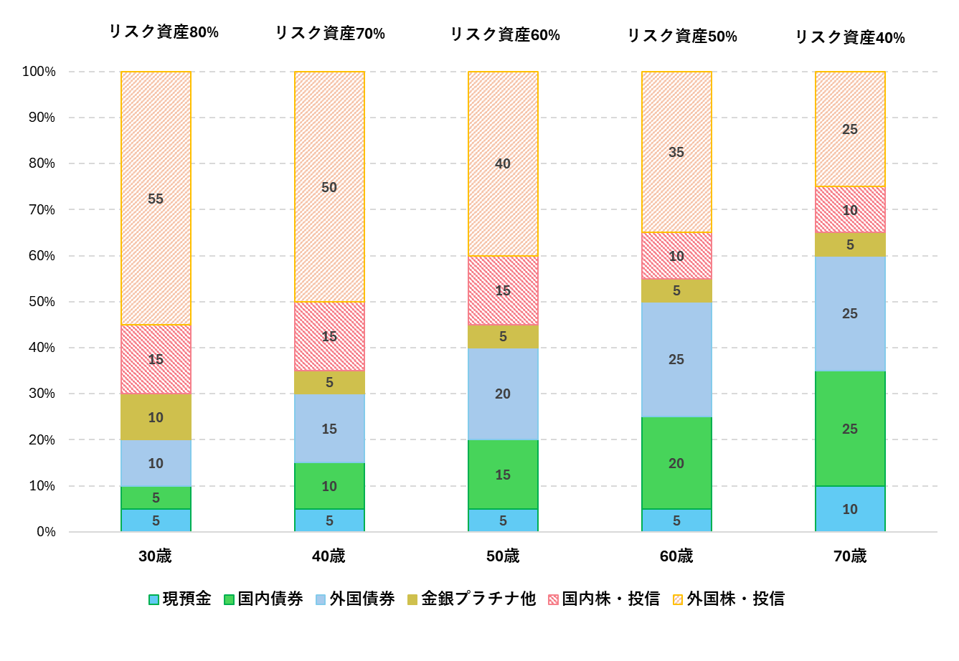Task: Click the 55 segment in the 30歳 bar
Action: point(156,199)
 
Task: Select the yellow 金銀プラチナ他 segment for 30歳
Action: point(156,417)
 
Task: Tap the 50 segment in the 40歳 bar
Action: point(329,187)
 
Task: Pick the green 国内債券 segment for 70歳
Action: point(850,429)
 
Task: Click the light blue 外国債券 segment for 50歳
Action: point(503,394)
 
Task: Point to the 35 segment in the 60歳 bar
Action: point(676,152)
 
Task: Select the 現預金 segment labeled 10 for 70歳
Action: point(850,509)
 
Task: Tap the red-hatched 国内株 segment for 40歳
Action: point(329,336)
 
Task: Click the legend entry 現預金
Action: point(180,599)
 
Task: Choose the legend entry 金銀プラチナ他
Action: point(471,599)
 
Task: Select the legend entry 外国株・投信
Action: point(728,599)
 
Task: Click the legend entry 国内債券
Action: point(263,599)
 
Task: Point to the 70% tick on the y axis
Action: point(42,210)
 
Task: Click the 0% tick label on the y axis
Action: point(46,532)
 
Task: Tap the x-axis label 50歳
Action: point(503,556)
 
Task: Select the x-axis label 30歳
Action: point(156,556)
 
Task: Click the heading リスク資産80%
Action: point(164,32)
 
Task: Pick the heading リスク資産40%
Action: point(850,38)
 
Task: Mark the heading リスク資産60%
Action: point(505,35)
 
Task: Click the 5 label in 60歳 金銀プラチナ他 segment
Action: point(676,290)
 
